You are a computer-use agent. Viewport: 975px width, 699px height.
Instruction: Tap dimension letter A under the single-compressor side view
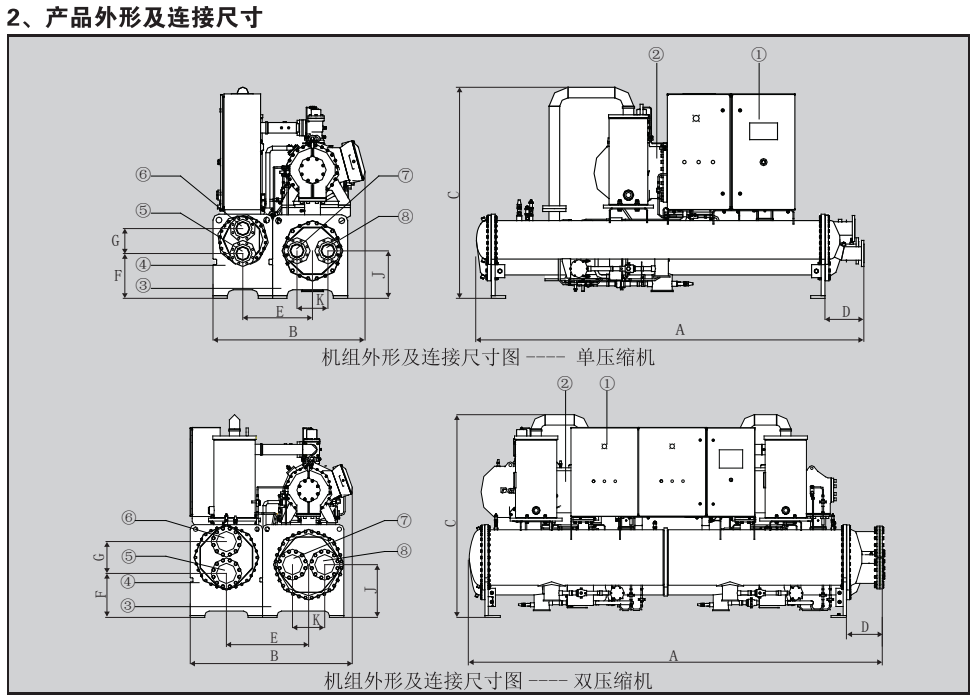point(680,329)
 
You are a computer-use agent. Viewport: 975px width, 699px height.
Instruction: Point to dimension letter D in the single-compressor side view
point(846,312)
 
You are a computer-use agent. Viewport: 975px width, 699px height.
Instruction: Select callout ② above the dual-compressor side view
point(565,383)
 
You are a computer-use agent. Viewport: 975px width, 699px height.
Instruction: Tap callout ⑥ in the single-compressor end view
point(144,173)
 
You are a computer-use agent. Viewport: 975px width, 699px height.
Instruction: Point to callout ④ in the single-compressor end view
point(144,265)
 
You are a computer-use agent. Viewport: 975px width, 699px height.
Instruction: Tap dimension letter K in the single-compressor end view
point(319,299)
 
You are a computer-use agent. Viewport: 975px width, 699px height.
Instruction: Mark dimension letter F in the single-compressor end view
point(118,274)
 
